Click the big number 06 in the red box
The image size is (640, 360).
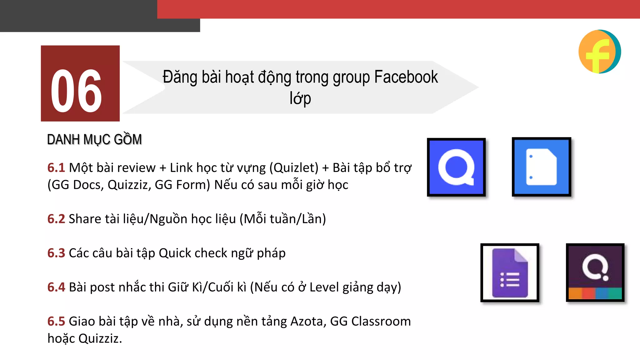[76, 91]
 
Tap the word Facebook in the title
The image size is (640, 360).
[406, 77]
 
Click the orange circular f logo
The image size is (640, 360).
[599, 52]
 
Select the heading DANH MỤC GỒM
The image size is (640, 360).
[94, 140]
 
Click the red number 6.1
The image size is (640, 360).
[56, 168]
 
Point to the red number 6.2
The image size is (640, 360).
[56, 219]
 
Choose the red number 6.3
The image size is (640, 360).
[56, 253]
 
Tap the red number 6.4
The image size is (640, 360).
[56, 287]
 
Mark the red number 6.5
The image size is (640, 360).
[56, 321]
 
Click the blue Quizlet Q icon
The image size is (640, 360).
[456, 167]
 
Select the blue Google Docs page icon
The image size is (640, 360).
[541, 167]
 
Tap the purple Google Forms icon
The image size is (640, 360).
[510, 272]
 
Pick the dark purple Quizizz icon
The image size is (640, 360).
[595, 272]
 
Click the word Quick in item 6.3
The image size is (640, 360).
[175, 253]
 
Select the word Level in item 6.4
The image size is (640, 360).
[324, 287]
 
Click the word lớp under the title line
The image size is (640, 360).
[300, 98]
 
